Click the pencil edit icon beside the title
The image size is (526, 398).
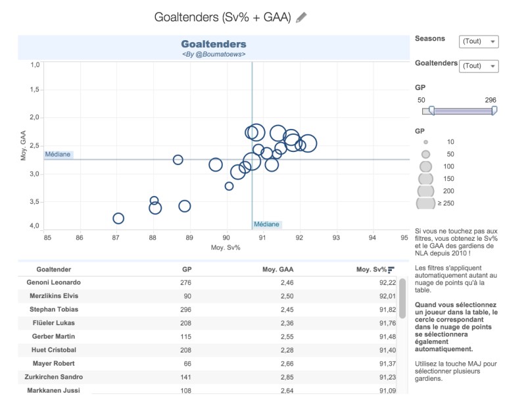pyautogui.click(x=301, y=18)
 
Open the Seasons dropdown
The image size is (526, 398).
pyautogui.click(x=478, y=41)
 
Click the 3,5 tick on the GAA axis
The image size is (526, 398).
pyautogui.click(x=34, y=202)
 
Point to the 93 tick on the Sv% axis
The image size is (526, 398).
pyautogui.click(x=336, y=237)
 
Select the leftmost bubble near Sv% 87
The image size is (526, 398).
pyautogui.click(x=118, y=218)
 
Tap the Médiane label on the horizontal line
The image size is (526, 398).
pyautogui.click(x=59, y=155)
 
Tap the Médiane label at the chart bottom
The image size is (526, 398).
pyautogui.click(x=266, y=224)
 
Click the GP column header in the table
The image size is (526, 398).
pyautogui.click(x=186, y=269)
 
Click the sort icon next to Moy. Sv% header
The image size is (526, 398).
pyautogui.click(x=391, y=269)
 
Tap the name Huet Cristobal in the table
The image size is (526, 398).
pyautogui.click(x=54, y=350)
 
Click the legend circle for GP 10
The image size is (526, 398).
pyautogui.click(x=426, y=141)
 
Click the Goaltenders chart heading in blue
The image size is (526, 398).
pyautogui.click(x=214, y=44)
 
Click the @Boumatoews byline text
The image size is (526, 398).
pyautogui.click(x=214, y=54)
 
